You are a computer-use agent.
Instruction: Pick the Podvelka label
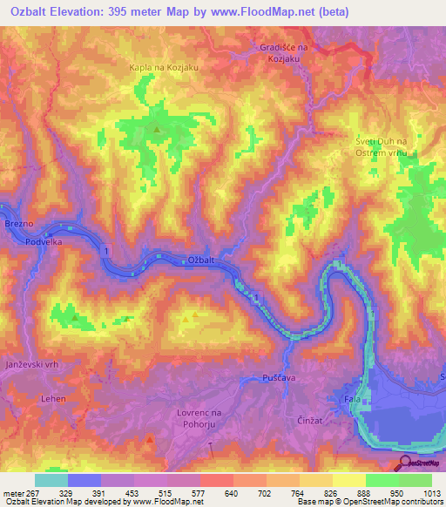coord(42,244)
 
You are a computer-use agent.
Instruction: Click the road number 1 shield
coord(107,251)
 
